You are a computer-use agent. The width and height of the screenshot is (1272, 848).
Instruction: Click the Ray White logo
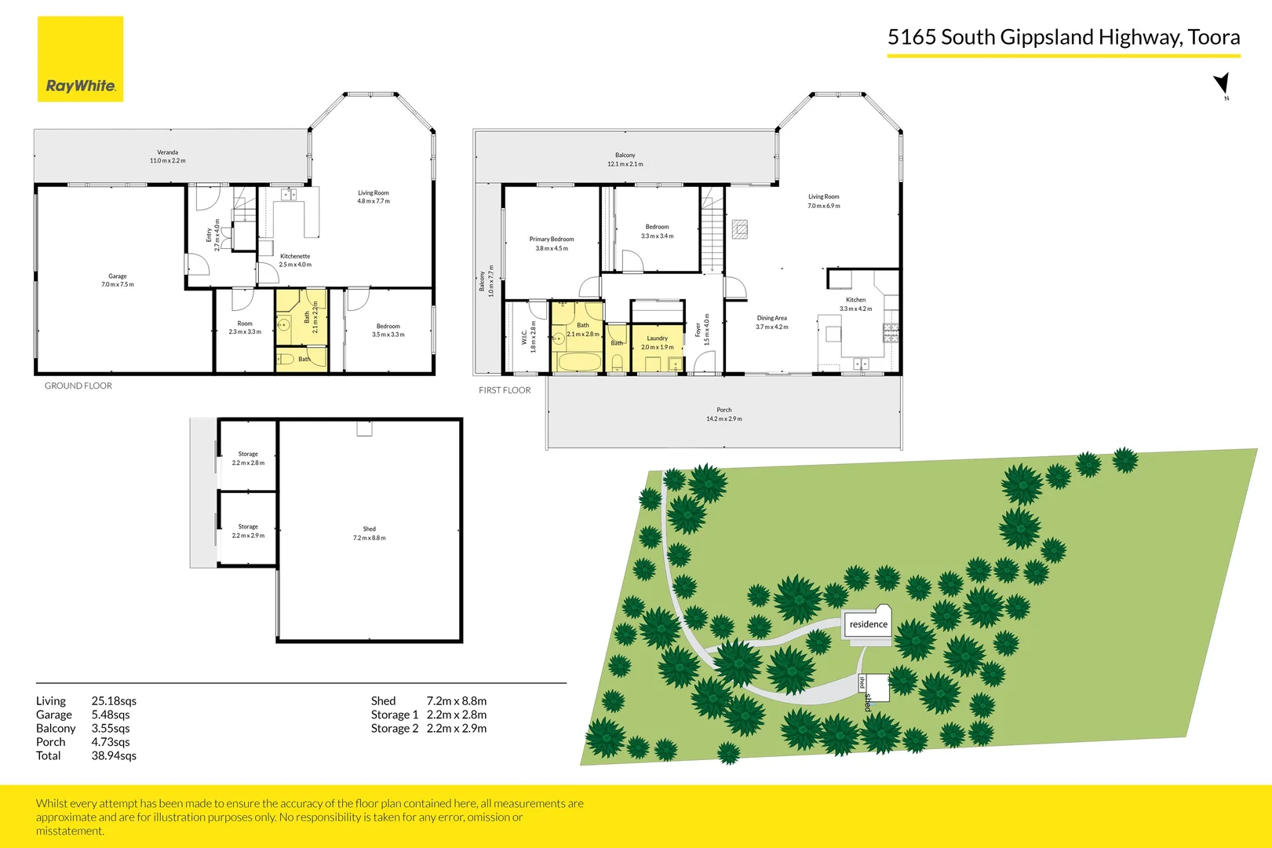coord(80,60)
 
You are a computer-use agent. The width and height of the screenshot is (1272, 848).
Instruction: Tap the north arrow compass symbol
coord(1222,84)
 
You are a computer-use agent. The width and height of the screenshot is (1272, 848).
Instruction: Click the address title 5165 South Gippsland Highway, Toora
coord(1063,37)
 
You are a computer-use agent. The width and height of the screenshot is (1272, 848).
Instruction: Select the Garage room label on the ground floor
coord(118,276)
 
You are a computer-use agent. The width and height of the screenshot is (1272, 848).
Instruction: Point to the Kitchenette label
coord(295,257)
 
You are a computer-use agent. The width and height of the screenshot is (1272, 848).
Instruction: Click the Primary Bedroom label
coord(552,239)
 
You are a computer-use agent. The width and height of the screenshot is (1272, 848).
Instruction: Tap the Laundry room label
coord(657,338)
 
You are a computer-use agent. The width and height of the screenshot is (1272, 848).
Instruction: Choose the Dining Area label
coord(771,319)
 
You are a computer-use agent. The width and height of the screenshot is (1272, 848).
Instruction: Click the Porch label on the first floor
coord(723,410)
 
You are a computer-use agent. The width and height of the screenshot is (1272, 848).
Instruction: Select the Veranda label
coord(167,152)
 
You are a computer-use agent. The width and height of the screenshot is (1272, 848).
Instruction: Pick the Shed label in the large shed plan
coord(369,529)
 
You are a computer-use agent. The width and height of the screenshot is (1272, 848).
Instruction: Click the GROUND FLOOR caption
coord(78,386)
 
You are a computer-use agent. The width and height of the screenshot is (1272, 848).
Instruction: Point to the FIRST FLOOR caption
coord(505,390)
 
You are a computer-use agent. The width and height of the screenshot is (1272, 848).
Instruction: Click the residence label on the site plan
coord(868,625)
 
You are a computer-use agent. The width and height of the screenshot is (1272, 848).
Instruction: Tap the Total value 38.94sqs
coord(114,756)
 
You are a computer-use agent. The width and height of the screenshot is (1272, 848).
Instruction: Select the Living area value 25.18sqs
coord(114,701)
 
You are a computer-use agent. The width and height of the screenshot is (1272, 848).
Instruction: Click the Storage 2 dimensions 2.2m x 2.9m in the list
coord(456,729)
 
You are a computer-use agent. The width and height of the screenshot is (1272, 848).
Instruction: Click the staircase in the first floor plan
coord(711,232)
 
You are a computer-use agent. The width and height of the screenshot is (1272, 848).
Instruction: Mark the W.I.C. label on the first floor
coord(524,337)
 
